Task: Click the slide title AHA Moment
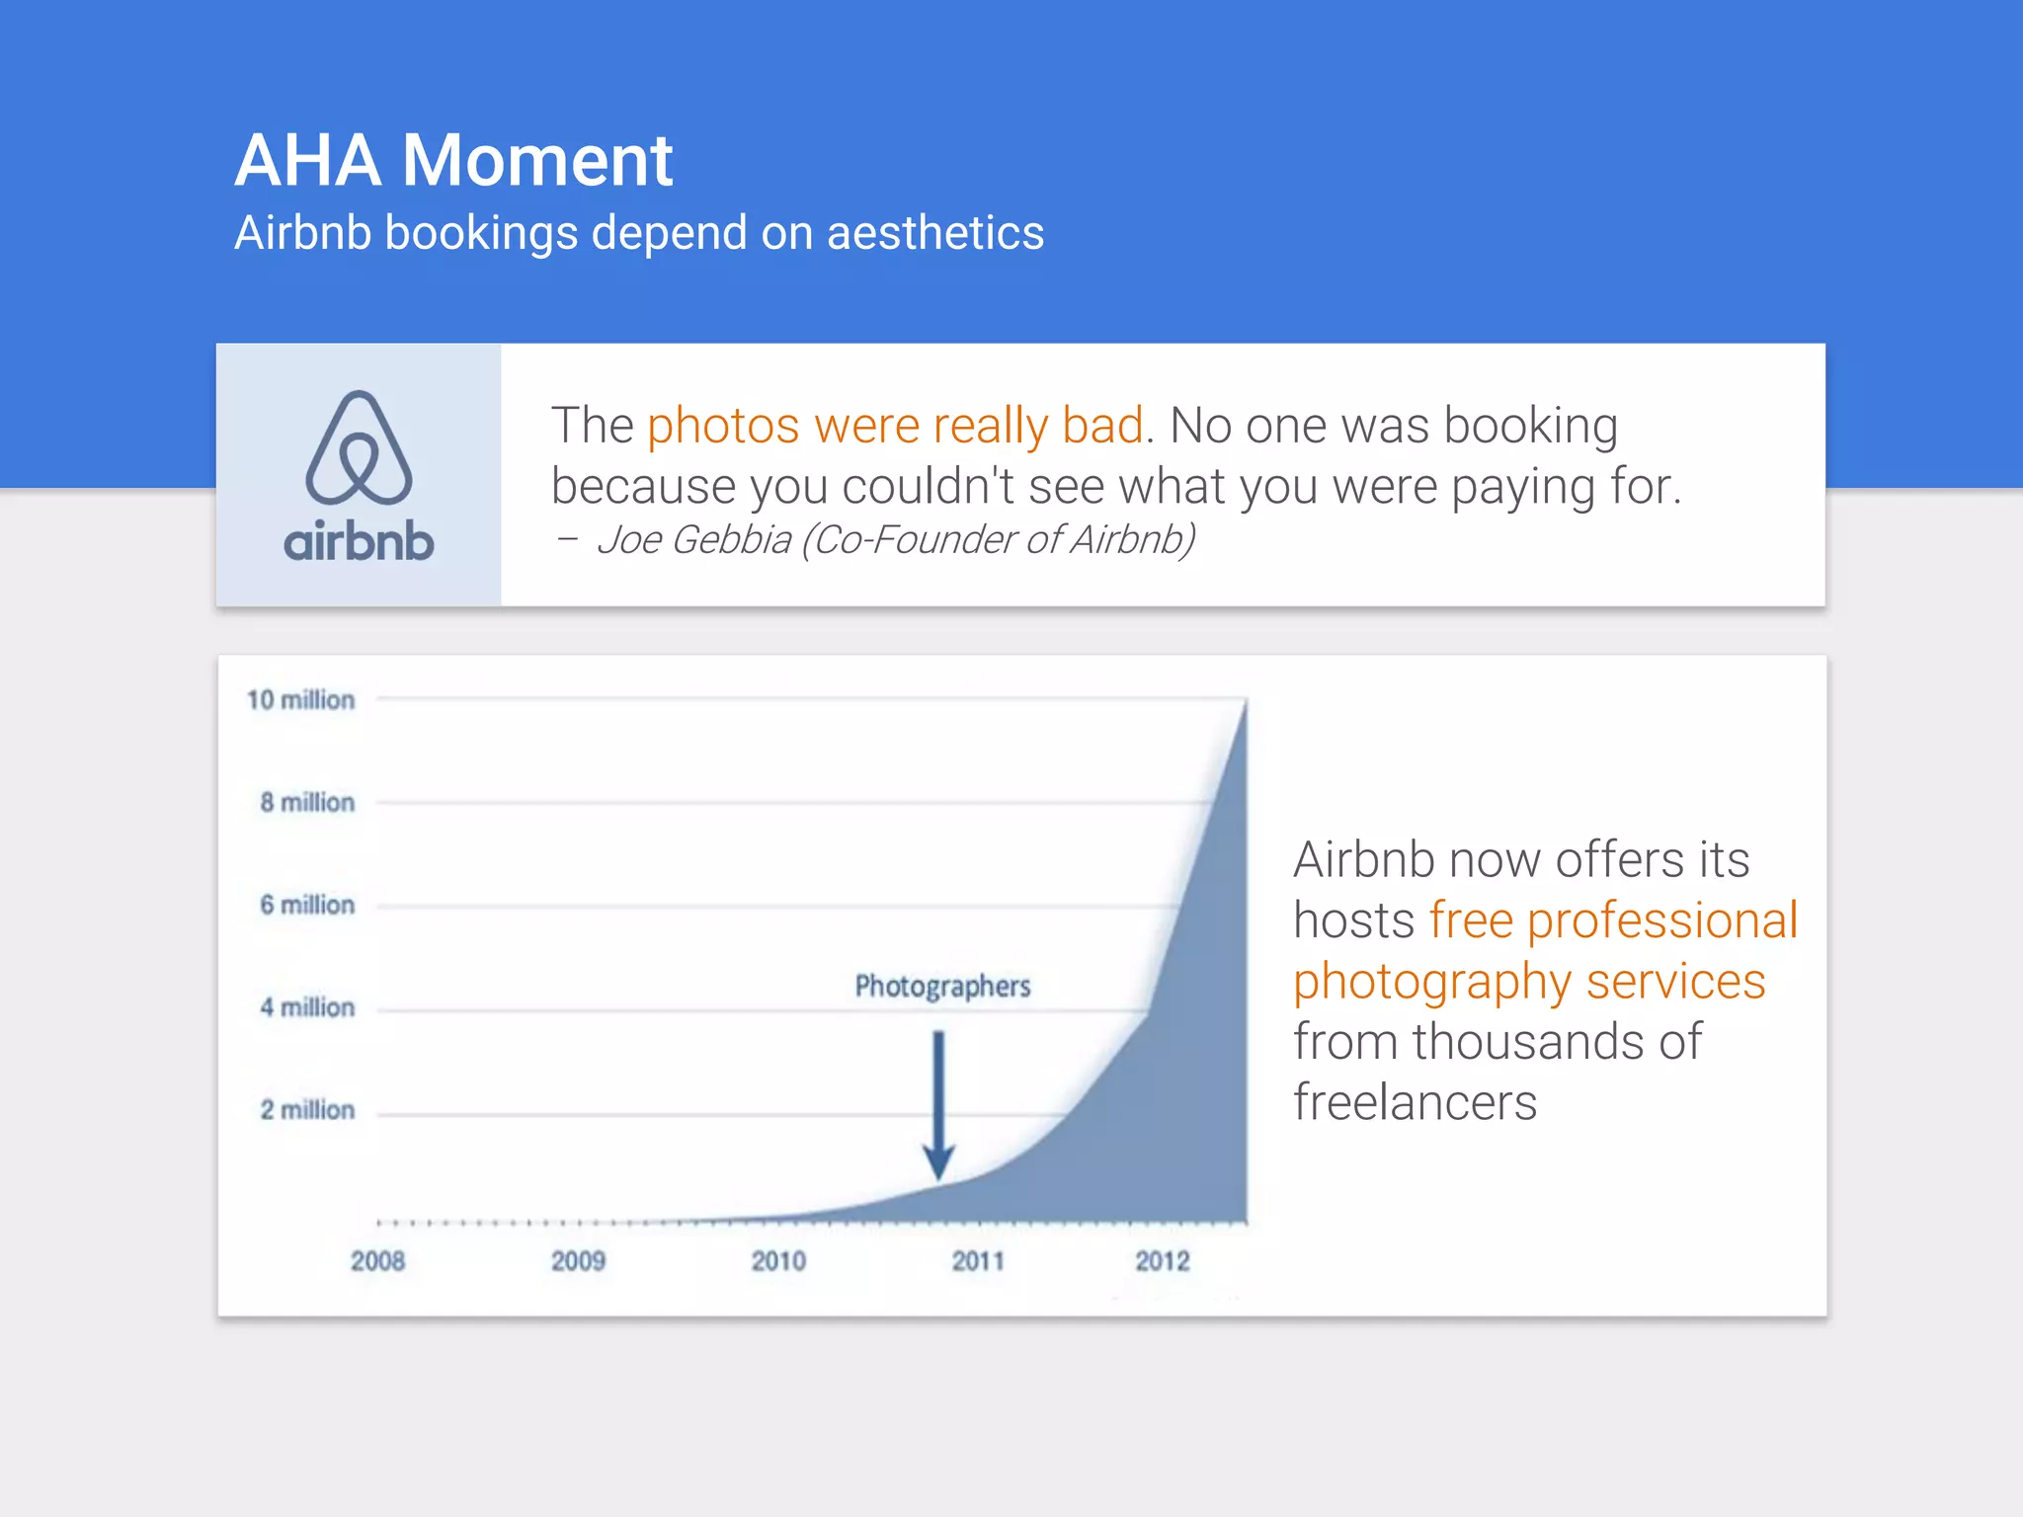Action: click(x=453, y=160)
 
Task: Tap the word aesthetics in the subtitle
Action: click(x=934, y=234)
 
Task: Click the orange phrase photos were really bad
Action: click(x=895, y=426)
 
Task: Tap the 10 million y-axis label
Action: click(x=300, y=700)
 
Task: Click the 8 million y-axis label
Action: click(x=307, y=802)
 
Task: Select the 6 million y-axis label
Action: click(x=307, y=905)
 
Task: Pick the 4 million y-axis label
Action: click(x=307, y=1007)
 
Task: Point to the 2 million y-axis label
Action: click(x=307, y=1110)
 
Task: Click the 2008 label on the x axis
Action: click(x=378, y=1261)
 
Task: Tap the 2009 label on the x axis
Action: click(x=578, y=1261)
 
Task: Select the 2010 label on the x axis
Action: click(x=778, y=1261)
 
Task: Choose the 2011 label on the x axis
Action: click(x=978, y=1261)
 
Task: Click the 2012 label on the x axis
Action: click(x=1162, y=1261)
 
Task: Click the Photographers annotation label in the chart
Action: click(x=942, y=986)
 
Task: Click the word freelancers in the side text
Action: click(x=1415, y=1103)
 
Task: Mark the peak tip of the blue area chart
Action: click(x=1245, y=703)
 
